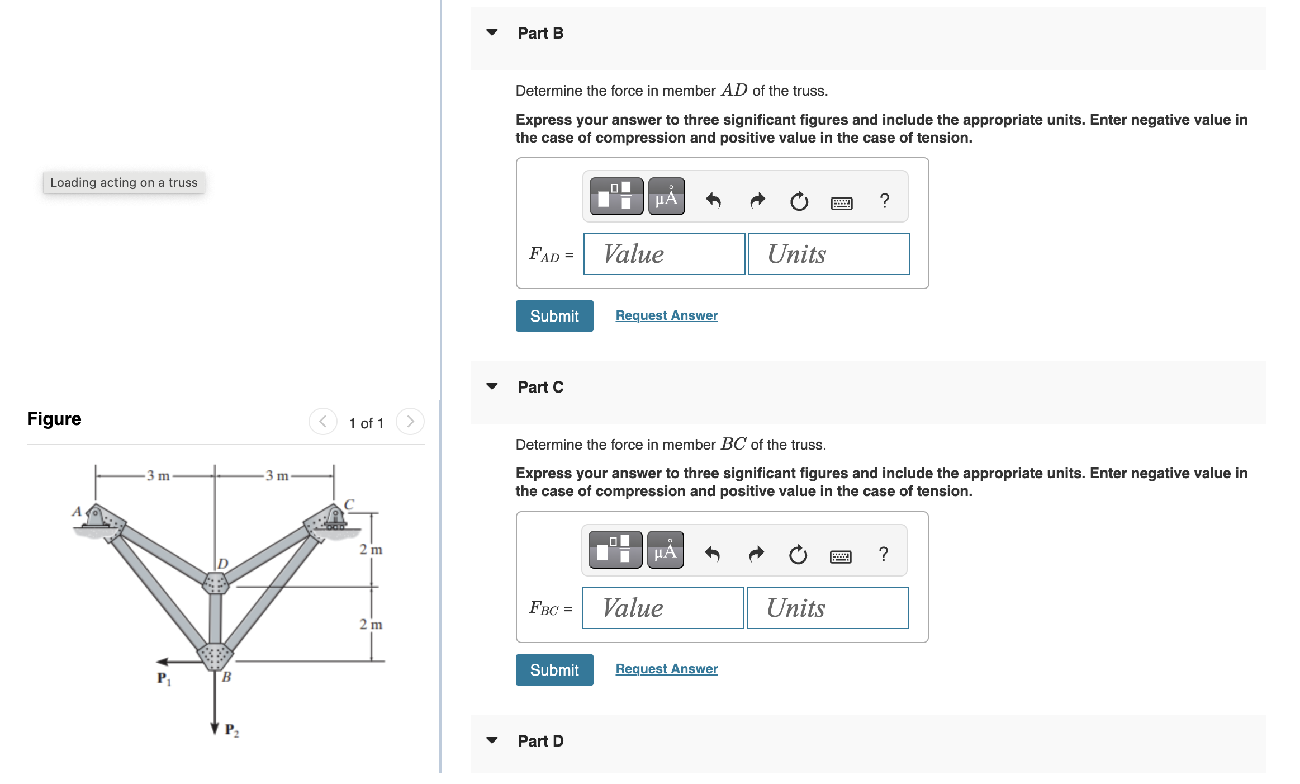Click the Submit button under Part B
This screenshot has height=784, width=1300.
point(554,316)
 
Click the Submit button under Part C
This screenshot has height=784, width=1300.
point(554,670)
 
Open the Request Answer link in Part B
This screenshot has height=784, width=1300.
point(666,315)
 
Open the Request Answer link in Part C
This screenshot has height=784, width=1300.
point(666,669)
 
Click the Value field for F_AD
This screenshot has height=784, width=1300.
point(663,254)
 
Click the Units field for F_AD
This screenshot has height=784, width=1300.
point(828,254)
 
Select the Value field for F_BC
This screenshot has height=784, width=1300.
point(662,608)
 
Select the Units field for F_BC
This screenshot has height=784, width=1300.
point(827,608)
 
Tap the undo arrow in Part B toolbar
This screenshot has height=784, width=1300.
point(713,200)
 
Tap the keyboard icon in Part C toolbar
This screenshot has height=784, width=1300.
point(840,555)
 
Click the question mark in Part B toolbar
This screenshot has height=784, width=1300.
point(884,200)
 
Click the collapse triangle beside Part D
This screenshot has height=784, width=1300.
point(492,740)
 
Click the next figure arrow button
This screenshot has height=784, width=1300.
point(410,422)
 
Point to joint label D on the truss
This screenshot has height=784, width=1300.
point(223,563)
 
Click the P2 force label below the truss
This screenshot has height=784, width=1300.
point(231,730)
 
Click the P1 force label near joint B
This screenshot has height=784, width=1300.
point(164,679)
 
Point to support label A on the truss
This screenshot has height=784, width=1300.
point(77,511)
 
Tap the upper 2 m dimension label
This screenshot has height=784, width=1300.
point(371,550)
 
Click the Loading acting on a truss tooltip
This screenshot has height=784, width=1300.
point(124,183)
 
